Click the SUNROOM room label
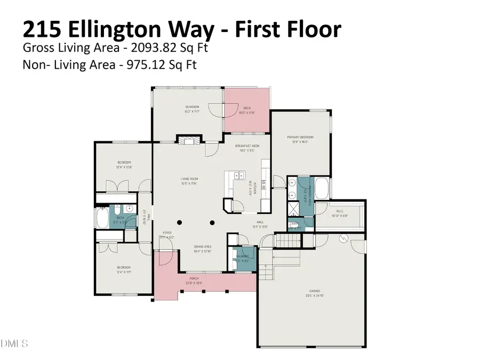pos(188,107)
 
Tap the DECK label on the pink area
pos(246,108)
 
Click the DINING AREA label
pos(203,246)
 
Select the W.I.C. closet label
pos(339,213)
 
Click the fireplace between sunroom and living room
pos(189,141)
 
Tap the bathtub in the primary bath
pos(322,188)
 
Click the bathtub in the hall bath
pos(103,218)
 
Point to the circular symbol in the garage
pos(343,238)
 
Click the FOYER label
pos(167,234)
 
